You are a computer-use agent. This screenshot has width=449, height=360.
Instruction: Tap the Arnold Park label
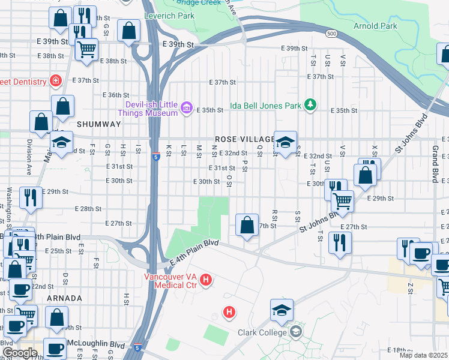[x=375, y=26]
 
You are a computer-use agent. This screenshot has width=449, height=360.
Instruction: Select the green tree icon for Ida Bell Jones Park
[x=310, y=104]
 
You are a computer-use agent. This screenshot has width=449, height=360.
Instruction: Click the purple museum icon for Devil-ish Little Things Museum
[x=186, y=107]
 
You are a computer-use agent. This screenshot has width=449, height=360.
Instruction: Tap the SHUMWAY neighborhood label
[x=95, y=124]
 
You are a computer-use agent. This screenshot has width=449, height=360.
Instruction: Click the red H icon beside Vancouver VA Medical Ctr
[x=206, y=280]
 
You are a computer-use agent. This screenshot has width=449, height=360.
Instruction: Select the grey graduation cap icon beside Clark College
[x=295, y=331]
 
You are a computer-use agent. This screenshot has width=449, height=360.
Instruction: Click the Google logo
[x=20, y=353]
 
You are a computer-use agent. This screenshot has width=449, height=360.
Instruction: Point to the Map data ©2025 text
[x=424, y=355]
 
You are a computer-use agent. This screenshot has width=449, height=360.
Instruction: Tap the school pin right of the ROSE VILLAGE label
[x=286, y=142]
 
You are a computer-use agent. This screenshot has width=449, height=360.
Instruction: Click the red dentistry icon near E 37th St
[x=56, y=80]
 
